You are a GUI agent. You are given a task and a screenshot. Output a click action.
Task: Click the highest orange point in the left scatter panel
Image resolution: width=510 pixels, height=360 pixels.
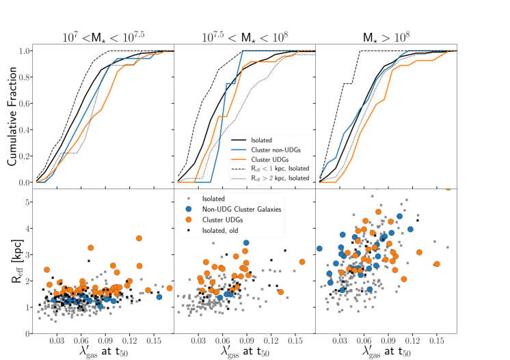139,238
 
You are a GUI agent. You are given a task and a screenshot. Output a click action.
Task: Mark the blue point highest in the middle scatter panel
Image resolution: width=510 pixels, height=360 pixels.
246,243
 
